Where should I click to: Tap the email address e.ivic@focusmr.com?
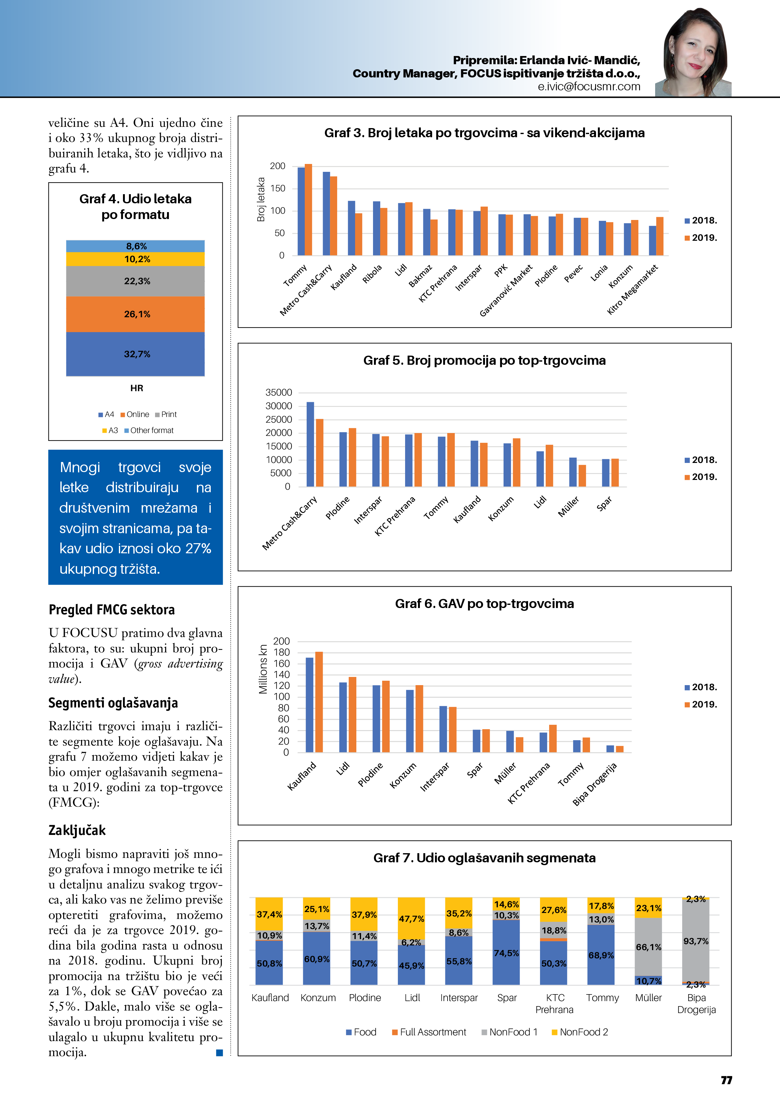coord(589,87)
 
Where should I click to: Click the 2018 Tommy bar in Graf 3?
coord(301,211)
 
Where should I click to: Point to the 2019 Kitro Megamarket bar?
coord(660,236)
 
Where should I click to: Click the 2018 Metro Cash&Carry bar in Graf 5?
coord(310,444)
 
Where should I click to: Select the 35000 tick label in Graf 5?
coord(279,392)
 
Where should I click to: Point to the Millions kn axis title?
coord(263,669)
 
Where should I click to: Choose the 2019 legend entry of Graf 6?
coord(701,704)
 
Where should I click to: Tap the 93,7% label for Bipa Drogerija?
coord(696,941)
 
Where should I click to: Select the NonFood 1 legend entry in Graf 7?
coord(510,1032)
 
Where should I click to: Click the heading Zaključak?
coord(77,831)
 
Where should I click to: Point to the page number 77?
coord(726,1080)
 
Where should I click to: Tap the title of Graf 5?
coord(484,361)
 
